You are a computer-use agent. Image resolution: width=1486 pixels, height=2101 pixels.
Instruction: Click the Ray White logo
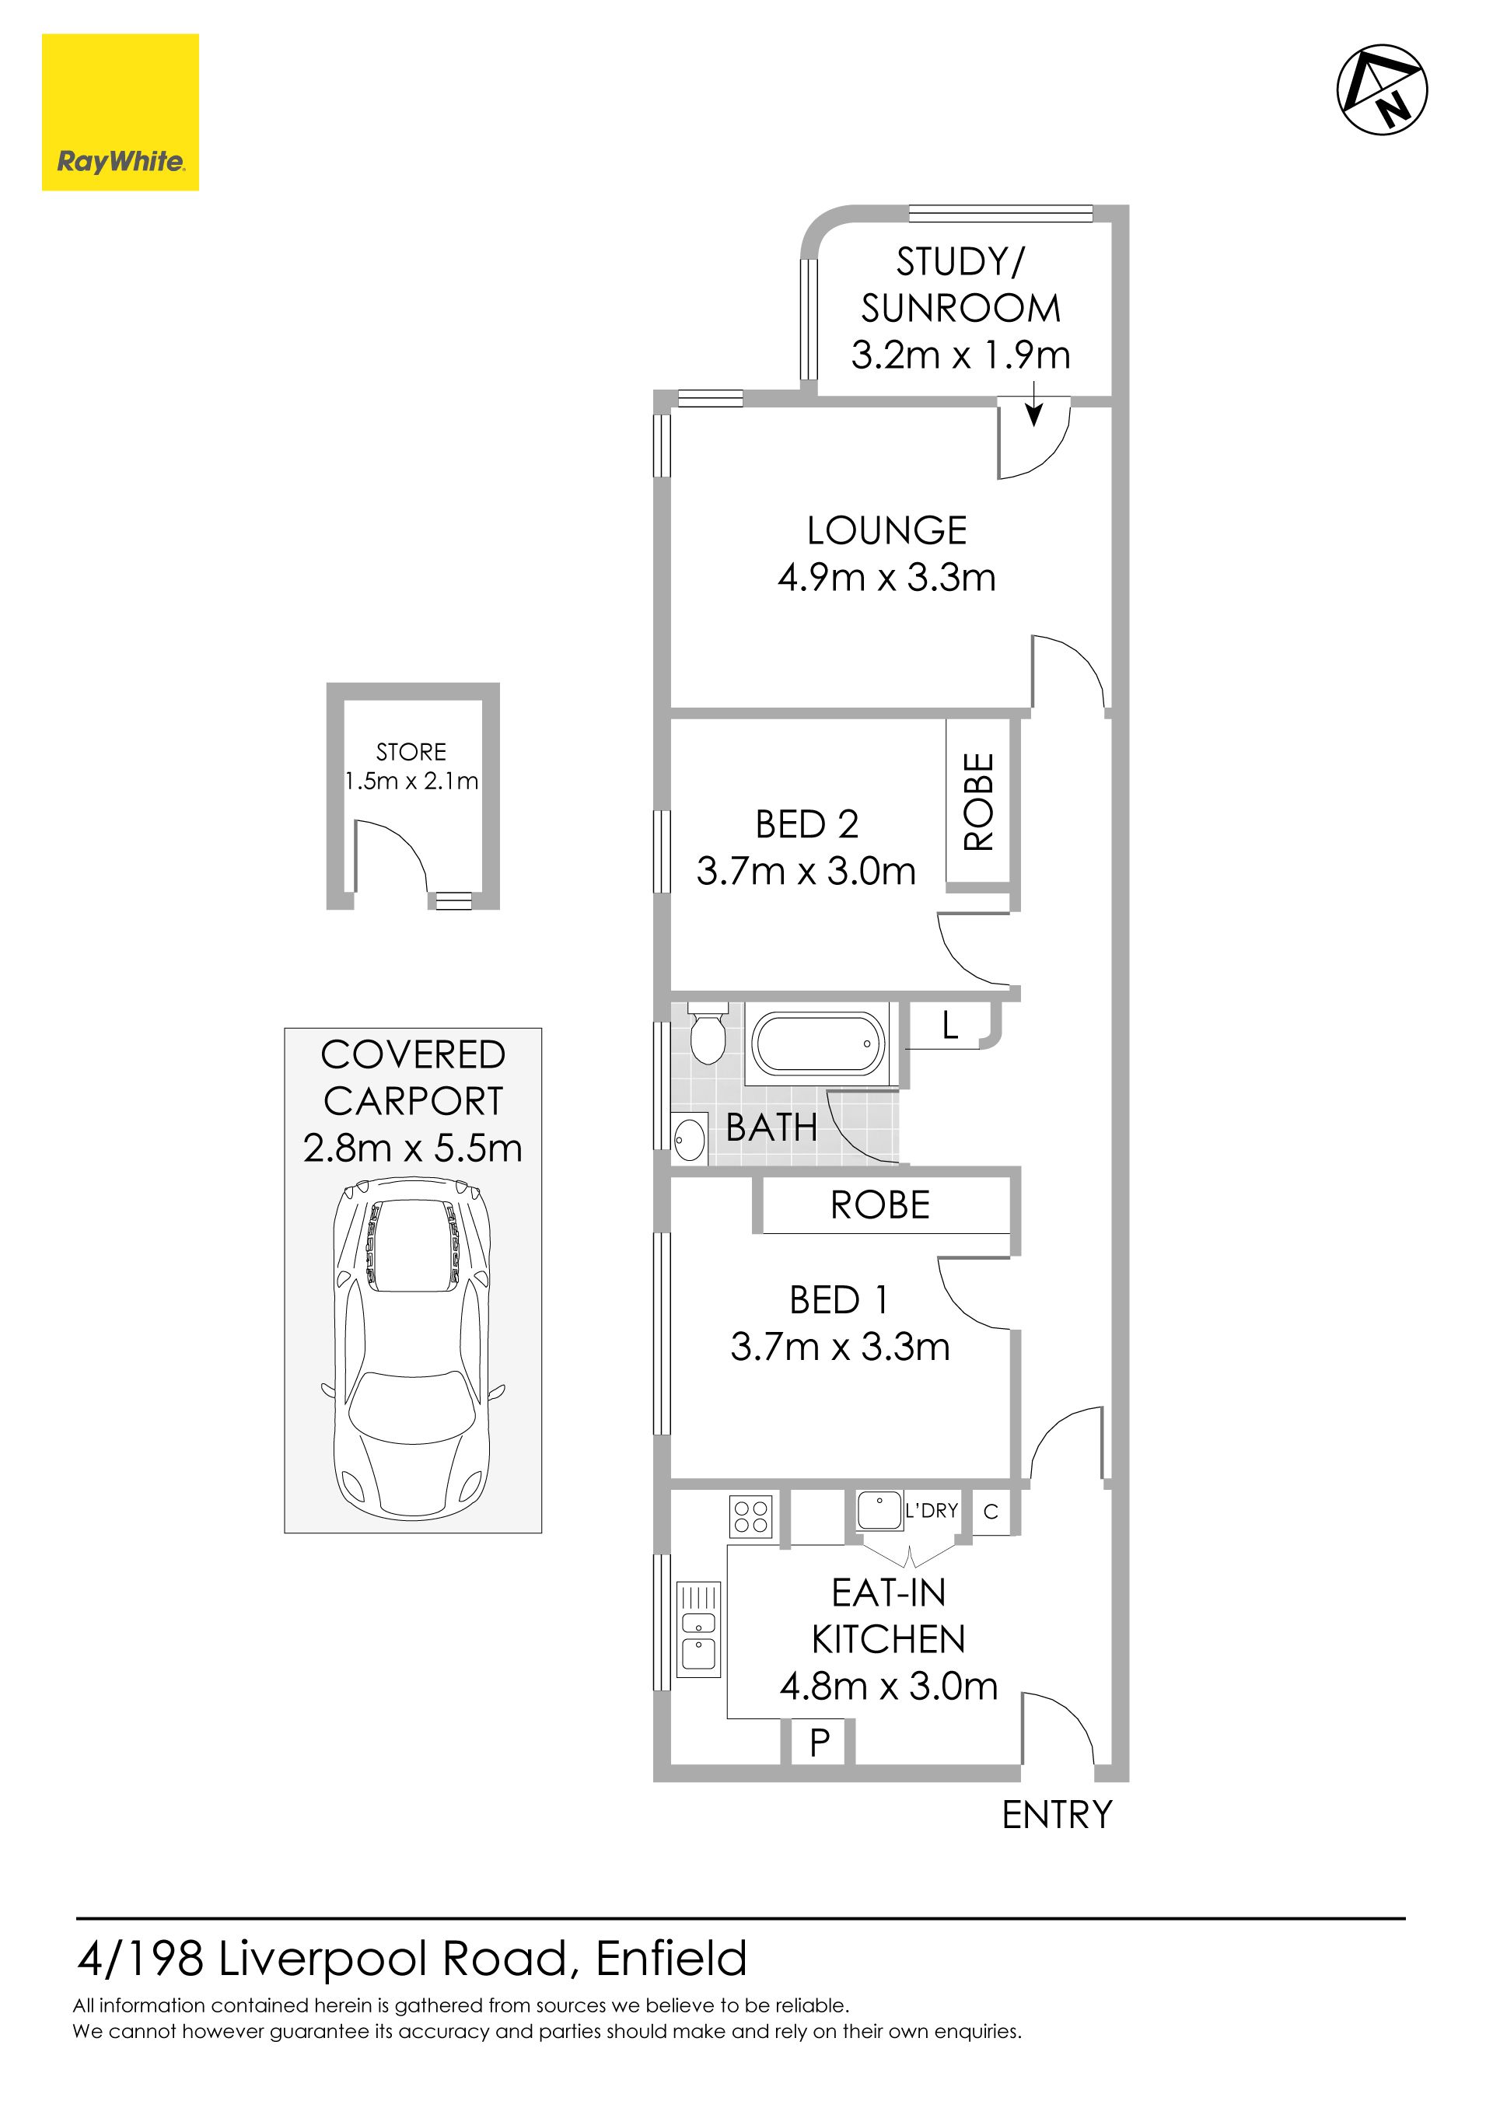(120, 113)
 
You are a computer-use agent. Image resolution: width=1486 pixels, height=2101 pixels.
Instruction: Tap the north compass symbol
(1382, 89)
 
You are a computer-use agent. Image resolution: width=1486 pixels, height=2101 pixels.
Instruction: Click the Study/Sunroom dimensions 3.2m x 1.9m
(961, 355)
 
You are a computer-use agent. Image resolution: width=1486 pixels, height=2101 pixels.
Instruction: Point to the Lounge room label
(886, 531)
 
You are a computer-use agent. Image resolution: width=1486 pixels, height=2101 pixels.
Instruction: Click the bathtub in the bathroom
(818, 1044)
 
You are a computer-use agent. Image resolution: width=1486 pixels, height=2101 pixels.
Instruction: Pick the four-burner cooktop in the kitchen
(751, 1516)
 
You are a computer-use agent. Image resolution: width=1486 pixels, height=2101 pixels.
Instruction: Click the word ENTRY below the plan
(1057, 1816)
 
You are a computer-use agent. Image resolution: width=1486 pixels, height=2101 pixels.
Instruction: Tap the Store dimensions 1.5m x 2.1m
(412, 781)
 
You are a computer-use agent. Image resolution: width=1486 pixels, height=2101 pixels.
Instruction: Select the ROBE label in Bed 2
(978, 802)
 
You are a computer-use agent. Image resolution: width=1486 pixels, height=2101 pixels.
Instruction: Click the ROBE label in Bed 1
(880, 1205)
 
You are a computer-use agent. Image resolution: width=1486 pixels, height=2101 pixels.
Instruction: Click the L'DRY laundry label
(932, 1511)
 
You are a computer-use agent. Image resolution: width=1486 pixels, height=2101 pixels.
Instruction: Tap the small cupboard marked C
(991, 1512)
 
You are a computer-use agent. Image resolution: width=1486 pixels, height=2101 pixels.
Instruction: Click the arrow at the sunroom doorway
(1033, 404)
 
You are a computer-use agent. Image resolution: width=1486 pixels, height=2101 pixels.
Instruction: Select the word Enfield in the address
(672, 1959)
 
